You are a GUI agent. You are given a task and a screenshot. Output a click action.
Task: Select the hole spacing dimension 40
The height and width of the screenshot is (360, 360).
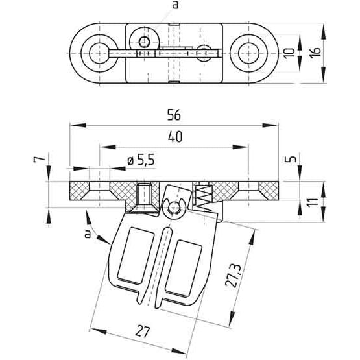tap(173, 137)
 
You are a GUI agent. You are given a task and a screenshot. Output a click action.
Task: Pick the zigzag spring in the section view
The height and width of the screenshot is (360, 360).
tap(203, 195)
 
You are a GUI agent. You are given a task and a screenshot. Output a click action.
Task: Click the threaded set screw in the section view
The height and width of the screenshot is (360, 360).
tap(144, 194)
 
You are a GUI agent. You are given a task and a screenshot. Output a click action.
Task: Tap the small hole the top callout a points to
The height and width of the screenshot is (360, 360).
tap(145, 42)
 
